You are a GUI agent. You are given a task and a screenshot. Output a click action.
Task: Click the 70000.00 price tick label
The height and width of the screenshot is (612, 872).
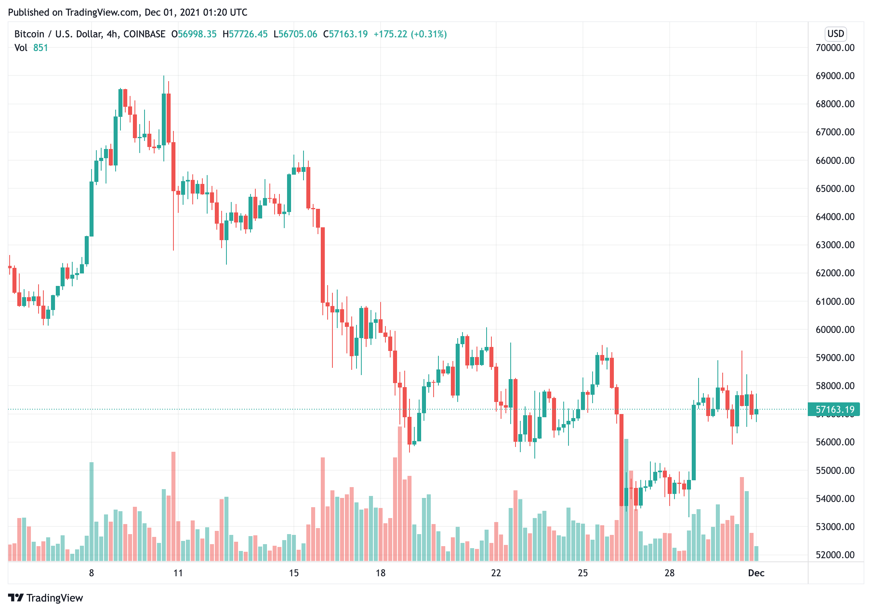point(835,48)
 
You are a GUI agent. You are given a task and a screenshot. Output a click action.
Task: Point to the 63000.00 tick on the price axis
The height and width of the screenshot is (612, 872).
point(835,245)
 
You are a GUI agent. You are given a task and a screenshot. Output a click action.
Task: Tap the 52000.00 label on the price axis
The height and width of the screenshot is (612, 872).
point(835,555)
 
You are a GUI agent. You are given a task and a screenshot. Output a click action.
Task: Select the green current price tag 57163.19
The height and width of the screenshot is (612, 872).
point(835,410)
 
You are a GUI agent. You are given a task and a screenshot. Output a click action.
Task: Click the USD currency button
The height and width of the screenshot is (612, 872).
point(836,34)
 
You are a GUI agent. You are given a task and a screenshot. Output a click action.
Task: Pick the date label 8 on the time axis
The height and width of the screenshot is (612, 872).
point(92,573)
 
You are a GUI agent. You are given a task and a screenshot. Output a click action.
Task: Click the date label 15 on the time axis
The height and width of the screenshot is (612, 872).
point(294,573)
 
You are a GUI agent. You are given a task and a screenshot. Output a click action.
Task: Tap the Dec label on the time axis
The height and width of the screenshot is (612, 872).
point(756,573)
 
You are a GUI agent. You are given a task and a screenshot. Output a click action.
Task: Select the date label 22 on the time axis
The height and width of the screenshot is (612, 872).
point(496,573)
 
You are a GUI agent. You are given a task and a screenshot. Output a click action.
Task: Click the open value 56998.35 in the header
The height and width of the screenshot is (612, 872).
point(197,34)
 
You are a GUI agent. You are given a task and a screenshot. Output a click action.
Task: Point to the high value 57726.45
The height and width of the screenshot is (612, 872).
point(248,34)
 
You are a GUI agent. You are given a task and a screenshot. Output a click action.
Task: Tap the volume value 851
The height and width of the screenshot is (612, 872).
point(41,48)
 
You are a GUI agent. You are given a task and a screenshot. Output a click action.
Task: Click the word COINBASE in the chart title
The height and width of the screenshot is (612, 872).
point(145,34)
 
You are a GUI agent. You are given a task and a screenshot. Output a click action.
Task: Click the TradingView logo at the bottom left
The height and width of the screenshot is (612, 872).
point(46,598)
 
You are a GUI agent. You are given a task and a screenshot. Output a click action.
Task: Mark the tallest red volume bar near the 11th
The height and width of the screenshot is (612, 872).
point(173,506)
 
